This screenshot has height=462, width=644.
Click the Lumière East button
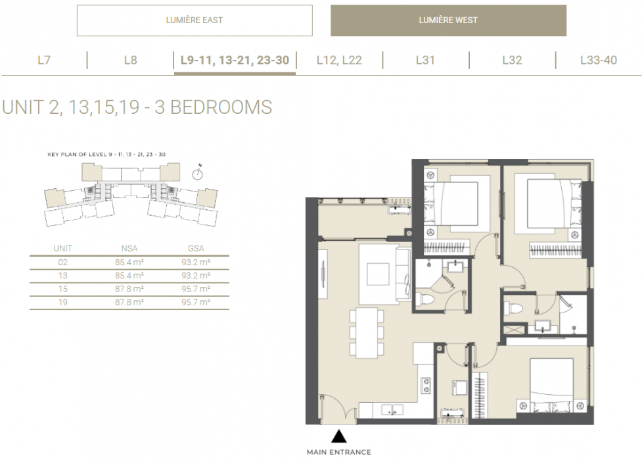pyautogui.click(x=195, y=20)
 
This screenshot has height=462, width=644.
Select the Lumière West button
pyautogui.click(x=448, y=20)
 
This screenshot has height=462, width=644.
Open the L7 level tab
pyautogui.click(x=44, y=60)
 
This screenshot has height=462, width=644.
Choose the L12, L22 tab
pyautogui.click(x=339, y=60)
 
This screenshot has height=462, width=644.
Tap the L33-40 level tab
pyautogui.click(x=599, y=60)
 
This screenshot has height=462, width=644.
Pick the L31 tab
pyautogui.click(x=425, y=60)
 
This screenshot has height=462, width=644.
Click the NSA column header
pyautogui.click(x=129, y=249)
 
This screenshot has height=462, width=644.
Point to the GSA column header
pyautogui.click(x=196, y=249)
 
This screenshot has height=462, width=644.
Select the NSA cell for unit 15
pyautogui.click(x=129, y=289)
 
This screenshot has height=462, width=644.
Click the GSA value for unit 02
pyautogui.click(x=196, y=262)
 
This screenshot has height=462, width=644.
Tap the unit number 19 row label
pyautogui.click(x=63, y=302)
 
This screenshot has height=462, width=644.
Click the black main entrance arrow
pyautogui.click(x=339, y=436)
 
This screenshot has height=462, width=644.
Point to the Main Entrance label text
pyautogui.click(x=339, y=452)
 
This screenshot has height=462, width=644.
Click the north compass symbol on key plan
pyautogui.click(x=198, y=172)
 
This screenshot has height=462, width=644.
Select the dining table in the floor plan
pyautogui.click(x=367, y=333)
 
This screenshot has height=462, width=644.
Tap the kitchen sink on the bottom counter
pyautogui.click(x=392, y=410)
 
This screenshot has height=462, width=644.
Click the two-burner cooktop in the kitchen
pyautogui.click(x=426, y=386)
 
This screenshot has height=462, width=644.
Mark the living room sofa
pyautogui.click(x=403, y=274)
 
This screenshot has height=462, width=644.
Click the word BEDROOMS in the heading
pyautogui.click(x=221, y=107)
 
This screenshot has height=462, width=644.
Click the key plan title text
pyautogui.click(x=106, y=155)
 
